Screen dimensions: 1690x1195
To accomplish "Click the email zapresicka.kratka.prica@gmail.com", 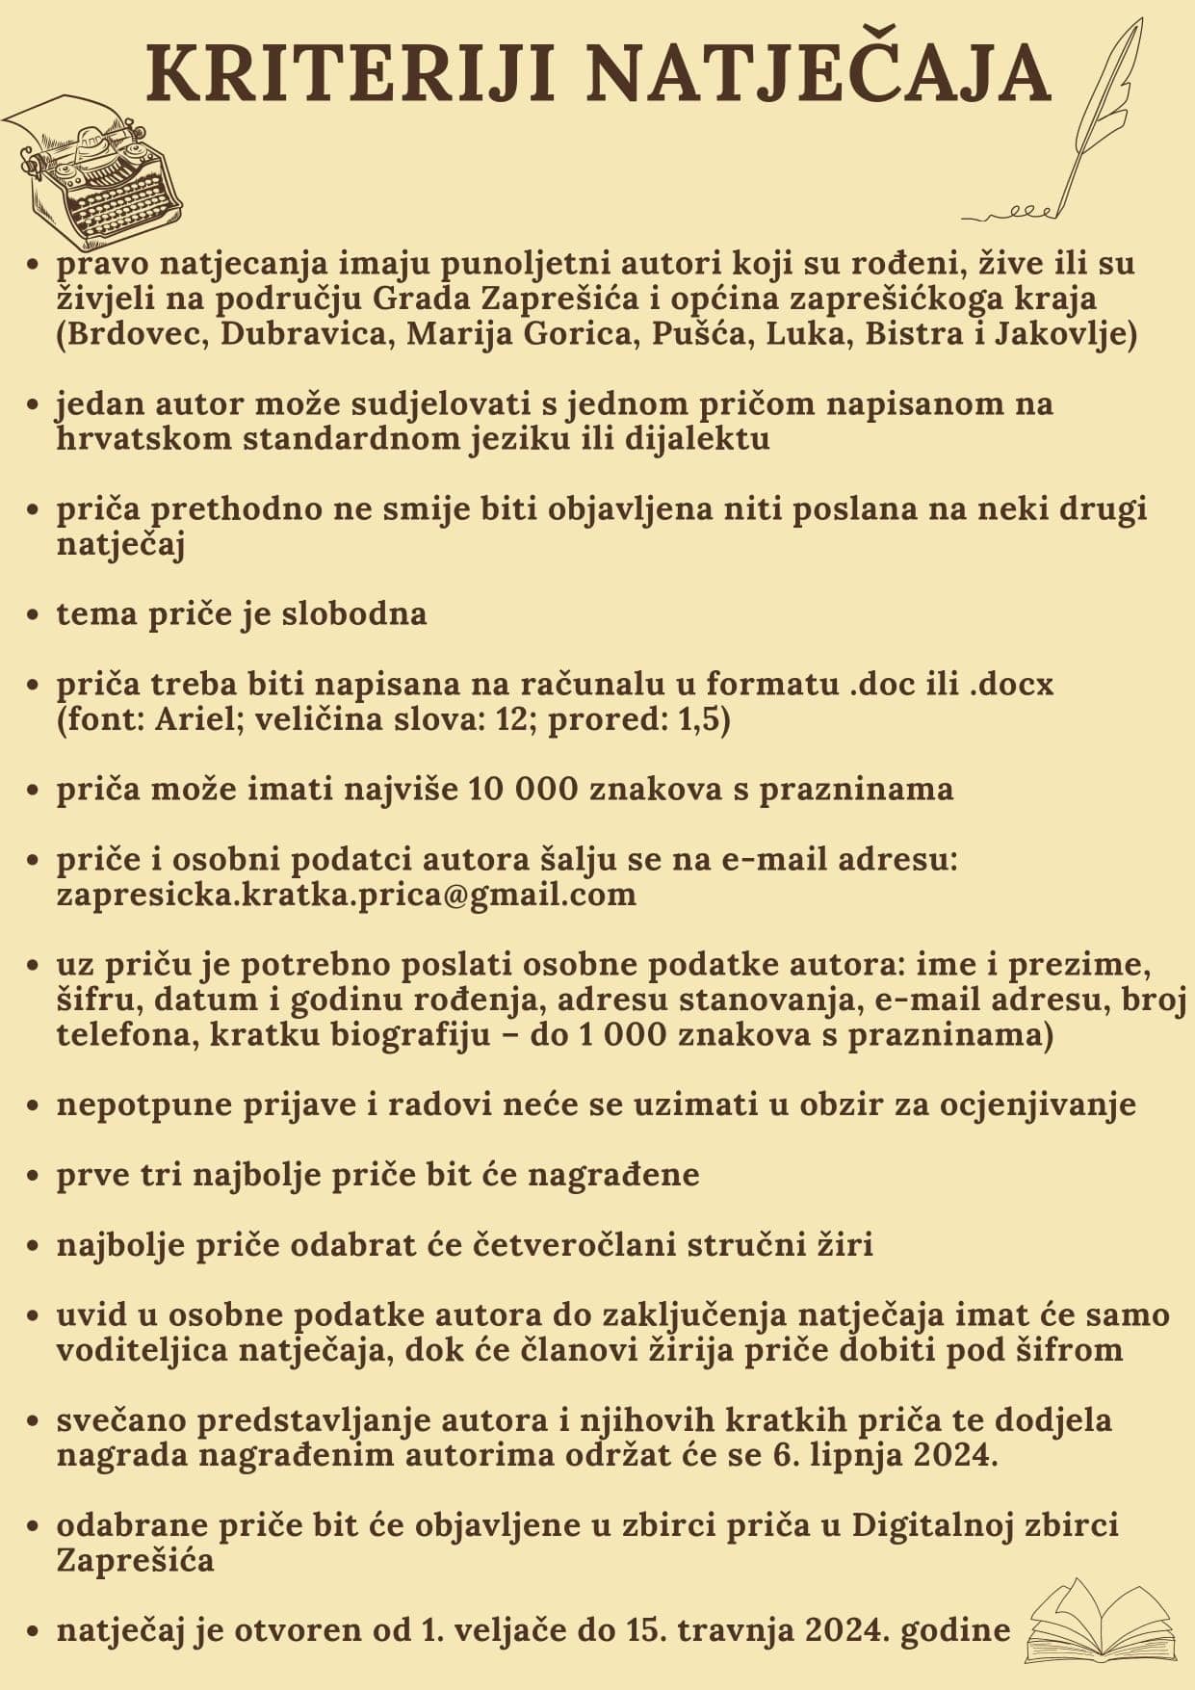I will click(347, 895).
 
